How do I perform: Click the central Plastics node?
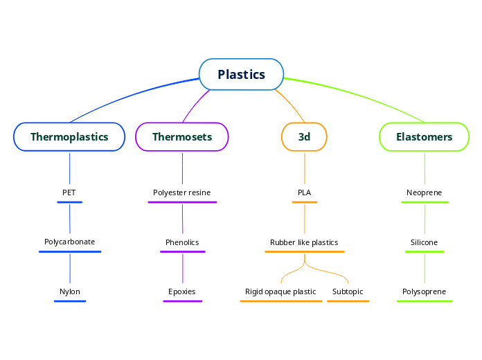[x=241, y=74]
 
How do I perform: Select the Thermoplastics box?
[x=69, y=136]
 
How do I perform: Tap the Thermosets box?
[x=182, y=136]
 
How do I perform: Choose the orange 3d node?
[x=304, y=136]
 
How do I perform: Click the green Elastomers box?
[x=424, y=136]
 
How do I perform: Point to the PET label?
[x=69, y=192]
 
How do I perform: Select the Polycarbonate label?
[x=69, y=242]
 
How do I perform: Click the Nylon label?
[x=69, y=291]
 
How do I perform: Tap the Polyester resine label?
[x=182, y=192]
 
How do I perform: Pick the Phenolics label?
[x=182, y=242]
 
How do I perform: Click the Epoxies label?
[x=182, y=291]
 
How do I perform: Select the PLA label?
[x=304, y=192]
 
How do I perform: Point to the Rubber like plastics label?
[x=304, y=242]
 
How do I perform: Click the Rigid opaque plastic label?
[x=280, y=291]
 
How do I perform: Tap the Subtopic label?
[x=348, y=291]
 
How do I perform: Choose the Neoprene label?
[x=424, y=192]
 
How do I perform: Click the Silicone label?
[x=424, y=242]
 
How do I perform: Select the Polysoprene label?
[x=424, y=291]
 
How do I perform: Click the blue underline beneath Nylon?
[x=69, y=301]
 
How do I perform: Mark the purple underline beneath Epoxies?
[x=182, y=301]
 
